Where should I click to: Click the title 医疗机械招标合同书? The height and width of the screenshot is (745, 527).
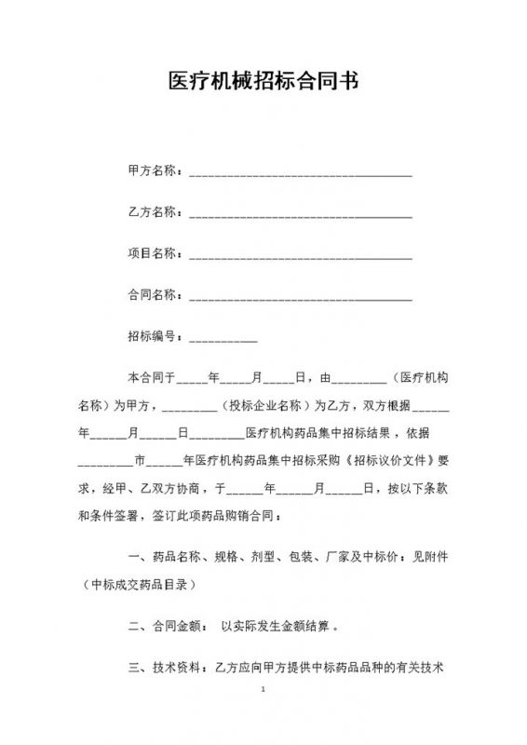pos(263,81)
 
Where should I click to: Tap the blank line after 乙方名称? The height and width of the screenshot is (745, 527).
pos(301,215)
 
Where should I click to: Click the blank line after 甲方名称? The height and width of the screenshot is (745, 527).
pos(301,174)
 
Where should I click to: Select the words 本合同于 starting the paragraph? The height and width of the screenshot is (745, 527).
pos(151,378)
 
